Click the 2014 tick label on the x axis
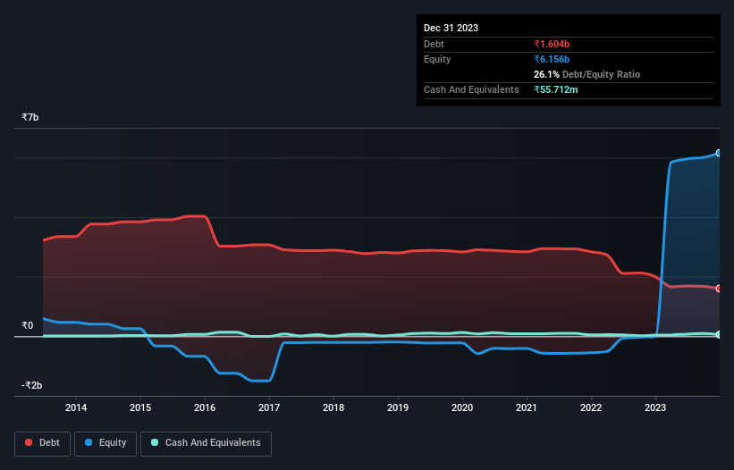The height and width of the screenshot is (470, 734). (76, 407)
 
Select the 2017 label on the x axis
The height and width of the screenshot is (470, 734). (269, 407)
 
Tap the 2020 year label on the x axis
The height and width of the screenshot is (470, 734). (462, 407)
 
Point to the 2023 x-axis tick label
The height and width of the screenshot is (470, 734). (655, 407)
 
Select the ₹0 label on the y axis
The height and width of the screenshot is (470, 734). (28, 326)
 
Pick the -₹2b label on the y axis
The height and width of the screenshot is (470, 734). (33, 386)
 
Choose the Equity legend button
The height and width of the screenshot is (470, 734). (105, 442)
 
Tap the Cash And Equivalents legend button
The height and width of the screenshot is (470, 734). (205, 442)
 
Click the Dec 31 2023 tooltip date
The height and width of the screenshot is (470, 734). (451, 28)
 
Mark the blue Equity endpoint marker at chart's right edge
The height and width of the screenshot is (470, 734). (719, 153)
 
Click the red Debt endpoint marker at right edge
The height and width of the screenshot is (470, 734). (719, 289)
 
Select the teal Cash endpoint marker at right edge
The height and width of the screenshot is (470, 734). (719, 334)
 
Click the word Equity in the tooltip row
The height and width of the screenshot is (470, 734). (438, 59)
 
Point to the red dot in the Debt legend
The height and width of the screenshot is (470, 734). (29, 442)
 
